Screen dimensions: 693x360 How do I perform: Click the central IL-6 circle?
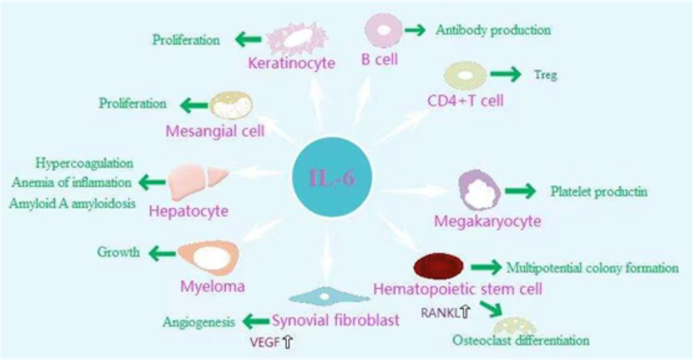pyautogui.click(x=332, y=177)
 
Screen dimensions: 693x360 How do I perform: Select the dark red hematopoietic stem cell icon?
pyautogui.click(x=438, y=266)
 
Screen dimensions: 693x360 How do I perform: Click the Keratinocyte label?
pyautogui.click(x=291, y=63)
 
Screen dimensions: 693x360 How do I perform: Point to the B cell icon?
pyautogui.click(x=384, y=30)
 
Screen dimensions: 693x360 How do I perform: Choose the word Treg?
pyautogui.click(x=546, y=74)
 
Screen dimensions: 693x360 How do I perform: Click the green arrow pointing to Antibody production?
pyautogui.click(x=415, y=30)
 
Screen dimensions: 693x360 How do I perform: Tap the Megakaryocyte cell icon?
pyautogui.click(x=480, y=191)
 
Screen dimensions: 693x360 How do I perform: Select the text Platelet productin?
pyautogui.click(x=599, y=192)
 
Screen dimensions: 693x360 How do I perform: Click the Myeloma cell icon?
pyautogui.click(x=209, y=257)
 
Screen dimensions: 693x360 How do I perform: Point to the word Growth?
pyautogui.click(x=118, y=253)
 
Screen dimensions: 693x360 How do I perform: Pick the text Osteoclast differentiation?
pyautogui.click(x=520, y=341)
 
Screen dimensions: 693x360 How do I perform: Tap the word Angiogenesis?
pyautogui.click(x=199, y=322)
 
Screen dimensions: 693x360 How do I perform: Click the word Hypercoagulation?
pyautogui.click(x=84, y=163)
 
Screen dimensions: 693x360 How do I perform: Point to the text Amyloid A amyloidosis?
pyautogui.click(x=72, y=203)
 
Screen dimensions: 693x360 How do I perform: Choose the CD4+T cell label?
pyautogui.click(x=466, y=101)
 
